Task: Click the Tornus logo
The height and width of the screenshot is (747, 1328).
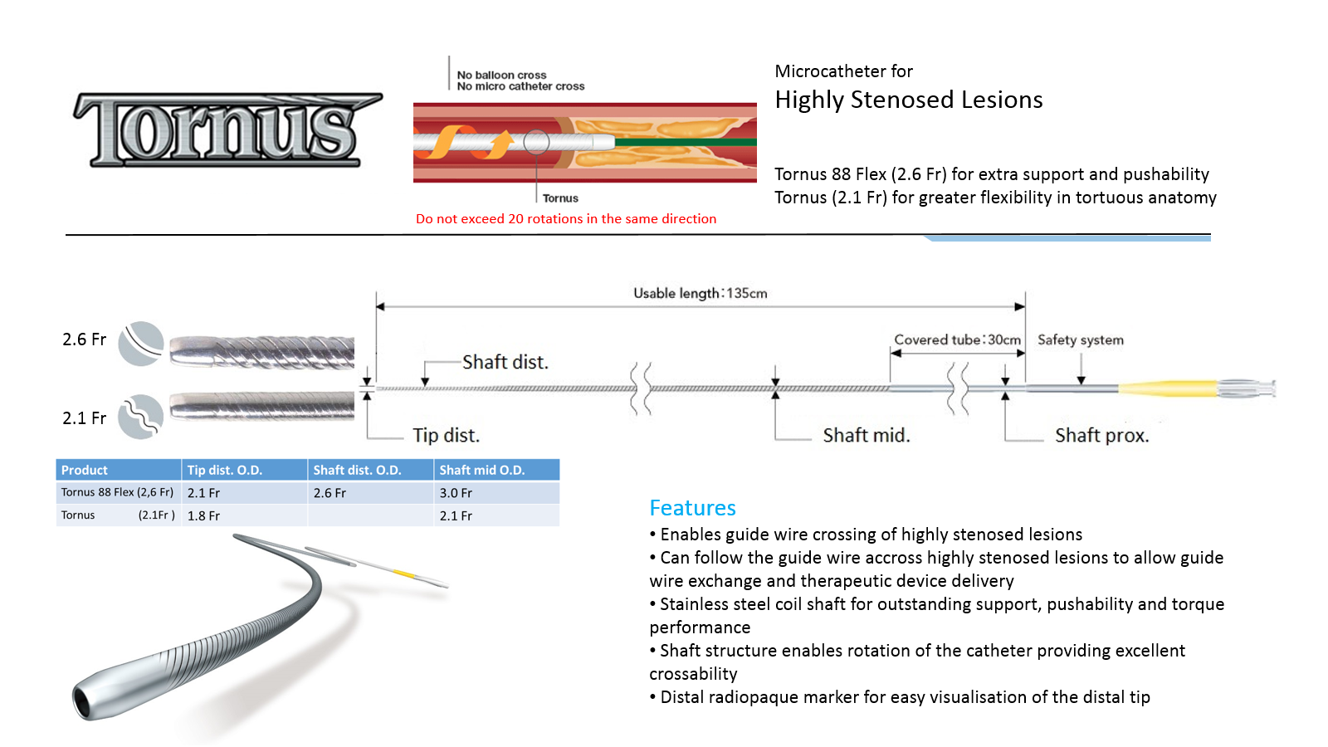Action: (227, 129)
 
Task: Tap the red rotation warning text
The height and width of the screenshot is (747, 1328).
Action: (565, 219)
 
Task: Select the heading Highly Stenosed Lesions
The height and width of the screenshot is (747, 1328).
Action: (908, 100)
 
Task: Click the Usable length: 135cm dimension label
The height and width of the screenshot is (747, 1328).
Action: (701, 294)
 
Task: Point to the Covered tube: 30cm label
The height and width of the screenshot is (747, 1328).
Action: (958, 339)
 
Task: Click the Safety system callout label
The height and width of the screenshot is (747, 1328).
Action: (1080, 339)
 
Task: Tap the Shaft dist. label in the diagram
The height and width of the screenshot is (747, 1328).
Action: (505, 362)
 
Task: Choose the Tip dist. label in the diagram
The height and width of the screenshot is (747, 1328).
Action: (446, 435)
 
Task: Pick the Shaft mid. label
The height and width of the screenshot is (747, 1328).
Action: (867, 435)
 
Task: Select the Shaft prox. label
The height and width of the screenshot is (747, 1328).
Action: (1101, 435)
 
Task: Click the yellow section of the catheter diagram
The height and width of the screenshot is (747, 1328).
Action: (1167, 388)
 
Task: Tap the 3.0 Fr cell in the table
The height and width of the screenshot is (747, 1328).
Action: (456, 493)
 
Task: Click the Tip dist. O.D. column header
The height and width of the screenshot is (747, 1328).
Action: (225, 470)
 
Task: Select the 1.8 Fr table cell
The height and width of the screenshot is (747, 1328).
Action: (203, 515)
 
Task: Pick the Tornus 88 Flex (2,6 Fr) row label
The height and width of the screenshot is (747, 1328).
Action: (117, 492)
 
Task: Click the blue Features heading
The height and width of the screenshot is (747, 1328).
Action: (692, 507)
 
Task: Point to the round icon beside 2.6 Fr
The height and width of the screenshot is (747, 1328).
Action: (141, 344)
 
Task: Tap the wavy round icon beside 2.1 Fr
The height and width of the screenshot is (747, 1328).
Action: (141, 417)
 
